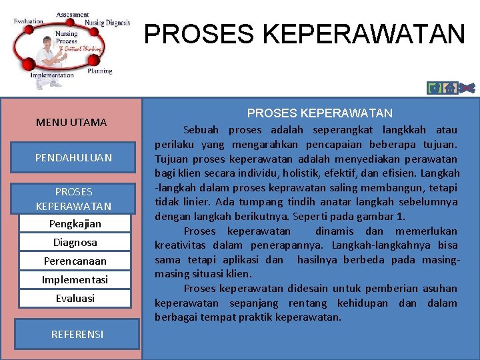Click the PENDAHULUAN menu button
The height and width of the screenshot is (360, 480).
(x=74, y=157)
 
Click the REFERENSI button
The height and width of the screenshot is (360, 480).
(x=77, y=334)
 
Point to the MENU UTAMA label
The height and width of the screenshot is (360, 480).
(x=71, y=122)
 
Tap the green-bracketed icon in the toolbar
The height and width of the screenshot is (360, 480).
(x=435, y=88)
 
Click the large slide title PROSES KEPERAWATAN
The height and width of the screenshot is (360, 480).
(x=305, y=34)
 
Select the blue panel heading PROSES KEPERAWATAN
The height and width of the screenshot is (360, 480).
(x=320, y=113)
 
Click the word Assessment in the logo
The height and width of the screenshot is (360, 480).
(x=73, y=15)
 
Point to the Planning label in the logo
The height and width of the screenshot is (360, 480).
(x=99, y=71)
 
